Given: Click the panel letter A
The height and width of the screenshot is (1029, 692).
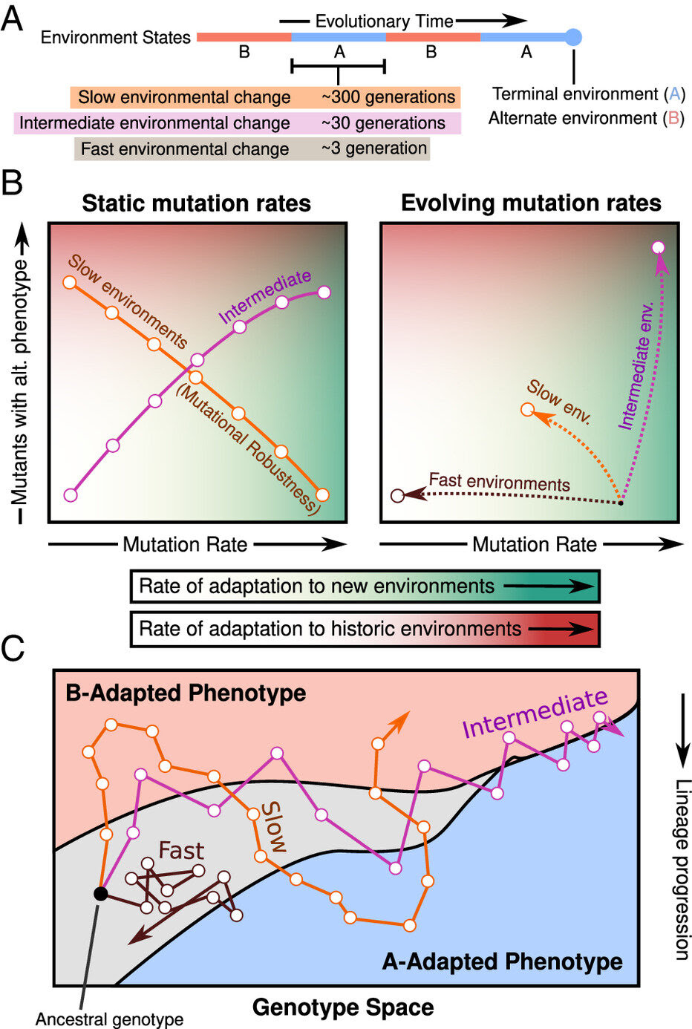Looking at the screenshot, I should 12,19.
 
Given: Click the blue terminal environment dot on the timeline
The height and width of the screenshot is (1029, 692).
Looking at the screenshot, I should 573,36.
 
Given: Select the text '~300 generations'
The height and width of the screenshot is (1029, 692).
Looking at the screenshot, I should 388,97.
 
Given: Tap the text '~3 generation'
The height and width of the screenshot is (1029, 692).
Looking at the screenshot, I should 374,148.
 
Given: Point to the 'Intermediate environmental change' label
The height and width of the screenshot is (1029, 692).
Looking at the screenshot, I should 154,123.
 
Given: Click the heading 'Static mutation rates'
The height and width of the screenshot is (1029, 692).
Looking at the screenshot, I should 196,203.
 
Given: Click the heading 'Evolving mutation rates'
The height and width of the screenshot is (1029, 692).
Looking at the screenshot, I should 531,203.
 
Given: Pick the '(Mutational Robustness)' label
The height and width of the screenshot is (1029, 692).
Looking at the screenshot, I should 248,450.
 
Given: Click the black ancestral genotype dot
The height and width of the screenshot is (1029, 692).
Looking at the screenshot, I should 100,893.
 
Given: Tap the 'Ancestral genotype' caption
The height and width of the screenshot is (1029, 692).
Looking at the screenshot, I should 109,1019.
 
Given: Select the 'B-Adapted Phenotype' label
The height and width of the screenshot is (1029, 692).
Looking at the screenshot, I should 186,693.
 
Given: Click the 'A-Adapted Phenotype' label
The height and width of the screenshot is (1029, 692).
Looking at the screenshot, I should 502,961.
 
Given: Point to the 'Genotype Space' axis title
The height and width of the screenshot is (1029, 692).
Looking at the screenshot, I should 343,1007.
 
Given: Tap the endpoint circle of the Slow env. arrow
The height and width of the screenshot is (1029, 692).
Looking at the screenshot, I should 527,409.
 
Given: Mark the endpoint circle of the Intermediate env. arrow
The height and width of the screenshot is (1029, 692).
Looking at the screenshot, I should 657,247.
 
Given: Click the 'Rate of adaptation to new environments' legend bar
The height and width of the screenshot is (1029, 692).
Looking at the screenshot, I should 365,587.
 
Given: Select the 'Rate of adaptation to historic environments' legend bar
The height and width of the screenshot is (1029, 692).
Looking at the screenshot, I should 365,629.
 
